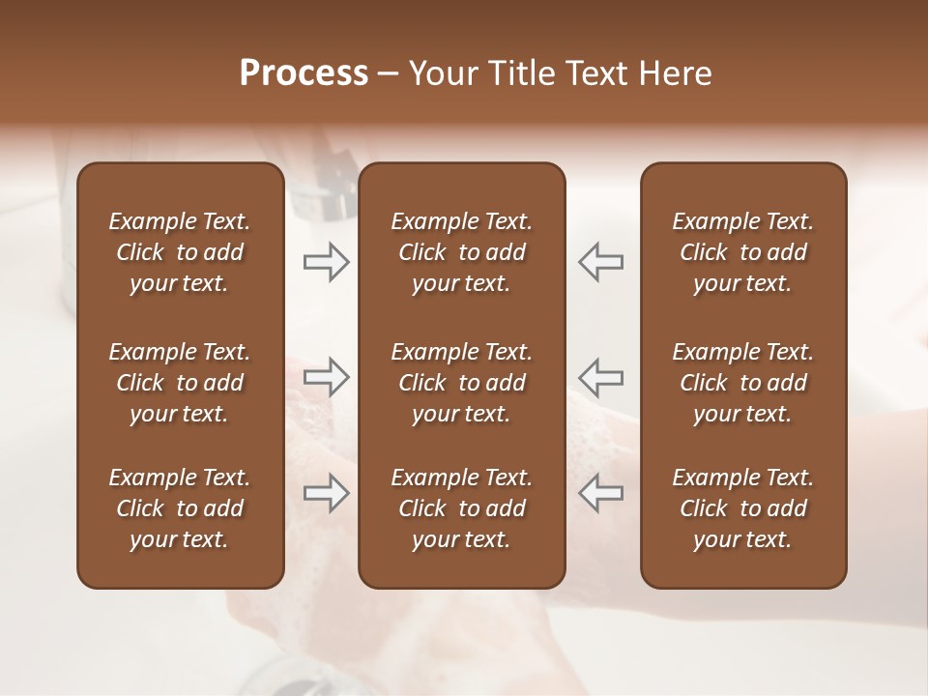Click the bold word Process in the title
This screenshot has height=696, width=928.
click(304, 73)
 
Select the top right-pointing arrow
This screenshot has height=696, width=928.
click(327, 262)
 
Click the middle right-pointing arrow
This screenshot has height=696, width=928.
click(327, 378)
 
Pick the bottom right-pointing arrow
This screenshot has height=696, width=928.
click(327, 494)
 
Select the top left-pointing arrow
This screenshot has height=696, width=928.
click(601, 262)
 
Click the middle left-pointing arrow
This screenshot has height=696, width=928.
click(601, 378)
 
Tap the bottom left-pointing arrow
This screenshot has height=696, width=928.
click(601, 494)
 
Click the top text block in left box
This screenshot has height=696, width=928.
click(180, 252)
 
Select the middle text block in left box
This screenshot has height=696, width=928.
click(180, 383)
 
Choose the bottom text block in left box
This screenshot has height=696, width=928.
click(180, 508)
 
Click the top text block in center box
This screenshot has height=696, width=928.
click(461, 252)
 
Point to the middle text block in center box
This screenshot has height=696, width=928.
click(461, 383)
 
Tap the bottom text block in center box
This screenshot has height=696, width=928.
click(461, 508)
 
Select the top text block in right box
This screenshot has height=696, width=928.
click(742, 252)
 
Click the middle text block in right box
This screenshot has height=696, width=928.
click(742, 383)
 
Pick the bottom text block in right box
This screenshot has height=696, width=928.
click(742, 508)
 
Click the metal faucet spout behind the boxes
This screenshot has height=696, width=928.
click(324, 188)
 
